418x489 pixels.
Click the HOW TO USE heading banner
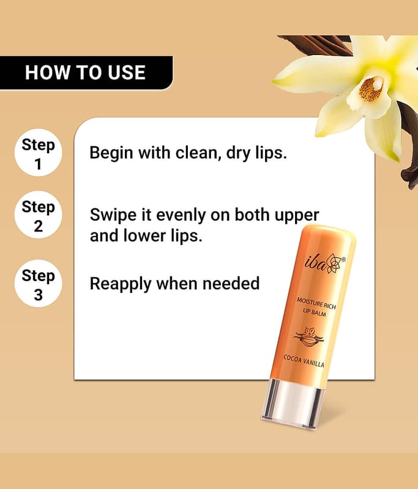click(x=86, y=73)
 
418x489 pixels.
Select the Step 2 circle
click(x=38, y=215)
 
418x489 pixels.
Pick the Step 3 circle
click(x=38, y=284)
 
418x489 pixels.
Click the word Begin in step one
click(x=111, y=153)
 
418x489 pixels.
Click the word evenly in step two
click(x=181, y=216)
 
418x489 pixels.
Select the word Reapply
click(x=120, y=284)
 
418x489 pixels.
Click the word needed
click(x=231, y=284)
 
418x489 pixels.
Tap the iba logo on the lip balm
click(x=324, y=264)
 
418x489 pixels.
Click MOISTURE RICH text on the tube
click(x=316, y=303)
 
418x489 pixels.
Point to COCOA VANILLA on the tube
click(x=304, y=361)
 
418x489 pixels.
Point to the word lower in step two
click(x=145, y=235)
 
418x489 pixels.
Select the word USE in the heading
click(x=127, y=73)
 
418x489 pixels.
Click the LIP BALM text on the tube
click(x=315, y=312)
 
